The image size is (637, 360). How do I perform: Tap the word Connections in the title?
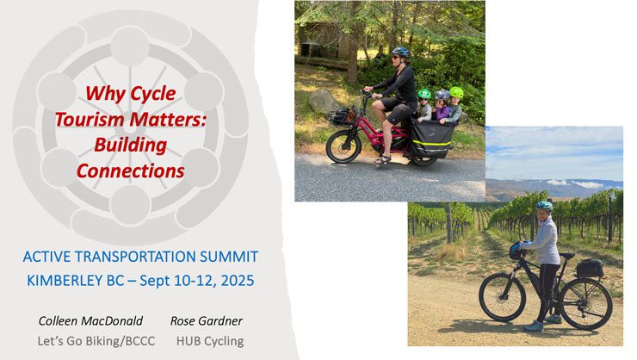[130, 171]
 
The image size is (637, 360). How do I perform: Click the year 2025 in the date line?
[238, 281]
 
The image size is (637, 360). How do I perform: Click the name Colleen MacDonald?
[90, 321]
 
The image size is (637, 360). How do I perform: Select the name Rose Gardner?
[207, 321]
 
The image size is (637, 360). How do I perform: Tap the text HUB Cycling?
[210, 341]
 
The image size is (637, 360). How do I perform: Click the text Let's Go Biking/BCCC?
[96, 341]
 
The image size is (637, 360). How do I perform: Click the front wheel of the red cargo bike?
[343, 146]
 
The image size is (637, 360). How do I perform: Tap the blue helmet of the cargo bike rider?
[400, 52]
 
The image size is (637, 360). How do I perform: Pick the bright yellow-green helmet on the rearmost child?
[456, 92]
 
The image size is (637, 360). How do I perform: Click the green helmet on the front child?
[424, 94]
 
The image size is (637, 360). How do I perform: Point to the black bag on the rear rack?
[590, 268]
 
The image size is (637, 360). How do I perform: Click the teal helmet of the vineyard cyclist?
[544, 206]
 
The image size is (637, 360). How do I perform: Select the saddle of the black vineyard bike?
[567, 256]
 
